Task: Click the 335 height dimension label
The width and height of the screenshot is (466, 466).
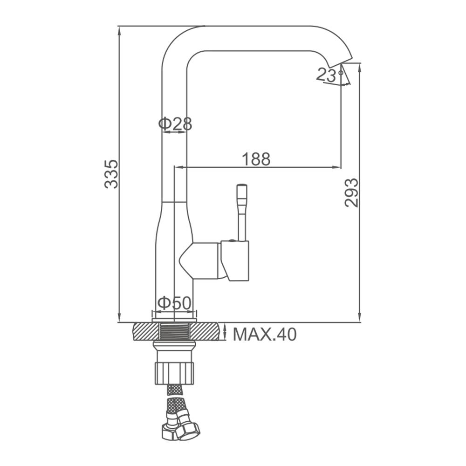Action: pyautogui.click(x=111, y=174)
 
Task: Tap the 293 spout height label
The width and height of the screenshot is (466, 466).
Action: pyautogui.click(x=351, y=192)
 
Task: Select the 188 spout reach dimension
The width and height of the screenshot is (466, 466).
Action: pyautogui.click(x=256, y=159)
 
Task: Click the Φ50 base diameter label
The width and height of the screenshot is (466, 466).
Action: pyautogui.click(x=174, y=303)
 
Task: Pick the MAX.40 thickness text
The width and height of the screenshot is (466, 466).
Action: pyautogui.click(x=265, y=334)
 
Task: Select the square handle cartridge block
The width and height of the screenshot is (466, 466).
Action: pyautogui.click(x=235, y=261)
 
